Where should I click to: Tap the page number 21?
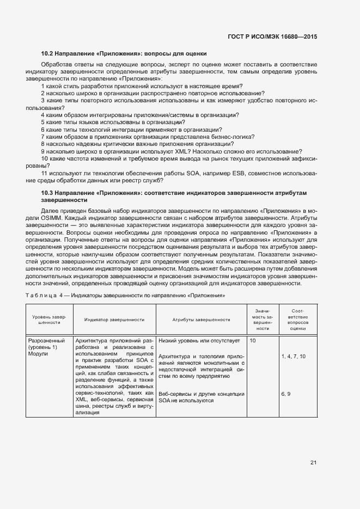pos(313,463)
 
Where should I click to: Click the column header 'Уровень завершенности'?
pos(49,320)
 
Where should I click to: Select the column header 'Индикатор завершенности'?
pos(114,320)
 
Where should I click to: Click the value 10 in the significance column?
pos(253,341)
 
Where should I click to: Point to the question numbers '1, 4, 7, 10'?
pos(294,356)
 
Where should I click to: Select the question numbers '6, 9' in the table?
pos(286,393)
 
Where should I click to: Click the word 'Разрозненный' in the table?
pos(46,341)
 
